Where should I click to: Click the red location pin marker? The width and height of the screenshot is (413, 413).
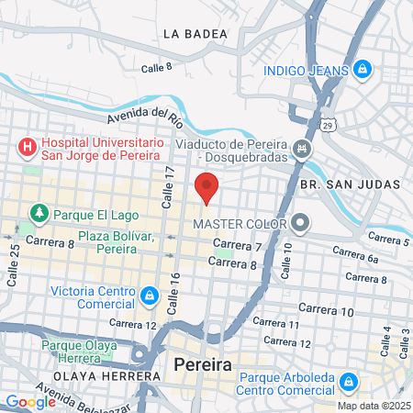(x=206, y=186)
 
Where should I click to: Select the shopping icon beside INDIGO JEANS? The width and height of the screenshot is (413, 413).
(x=363, y=70)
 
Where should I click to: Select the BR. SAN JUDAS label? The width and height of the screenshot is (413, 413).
(x=351, y=184)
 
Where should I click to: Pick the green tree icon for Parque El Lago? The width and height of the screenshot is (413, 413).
(x=39, y=213)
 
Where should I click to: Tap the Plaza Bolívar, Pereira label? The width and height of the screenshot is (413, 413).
(x=114, y=242)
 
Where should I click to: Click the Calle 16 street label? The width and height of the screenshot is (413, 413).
(x=175, y=287)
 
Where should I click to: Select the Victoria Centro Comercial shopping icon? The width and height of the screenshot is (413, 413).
(x=148, y=296)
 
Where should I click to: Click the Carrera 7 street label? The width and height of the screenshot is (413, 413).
(x=241, y=246)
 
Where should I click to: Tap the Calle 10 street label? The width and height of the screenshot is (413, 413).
(x=286, y=261)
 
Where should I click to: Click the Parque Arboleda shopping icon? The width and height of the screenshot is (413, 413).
(x=348, y=381)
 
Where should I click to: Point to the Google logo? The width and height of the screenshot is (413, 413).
(x=30, y=401)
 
